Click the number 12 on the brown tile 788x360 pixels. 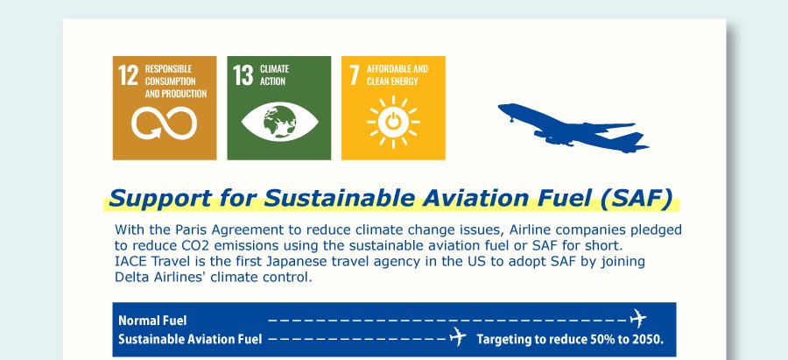[128, 75]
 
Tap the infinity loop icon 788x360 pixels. [165, 124]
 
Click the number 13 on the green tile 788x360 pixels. [243, 75]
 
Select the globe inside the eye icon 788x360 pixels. [279, 122]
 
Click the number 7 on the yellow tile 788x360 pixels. [355, 75]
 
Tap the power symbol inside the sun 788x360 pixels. [393, 122]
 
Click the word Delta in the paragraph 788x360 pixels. [130, 277]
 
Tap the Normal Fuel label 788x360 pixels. [152, 321]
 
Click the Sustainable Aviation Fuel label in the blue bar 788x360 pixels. [190, 339]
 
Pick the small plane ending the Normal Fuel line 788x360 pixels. [637, 318]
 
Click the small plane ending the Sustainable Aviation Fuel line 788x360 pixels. [457, 336]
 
